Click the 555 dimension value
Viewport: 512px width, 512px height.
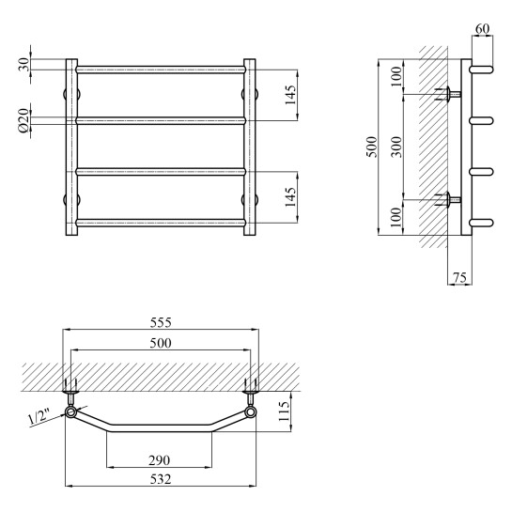(161, 322)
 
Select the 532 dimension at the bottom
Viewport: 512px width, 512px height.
(161, 479)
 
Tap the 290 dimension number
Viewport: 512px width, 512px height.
(160, 460)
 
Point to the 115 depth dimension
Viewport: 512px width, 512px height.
(284, 411)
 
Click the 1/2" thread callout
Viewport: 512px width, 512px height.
(39, 419)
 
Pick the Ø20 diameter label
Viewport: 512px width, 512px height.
(24, 121)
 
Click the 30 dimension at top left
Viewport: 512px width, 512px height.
(24, 65)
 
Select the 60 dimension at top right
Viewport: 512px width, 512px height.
(482, 29)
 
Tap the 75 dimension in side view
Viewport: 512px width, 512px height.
(459, 277)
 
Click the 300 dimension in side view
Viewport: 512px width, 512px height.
(397, 147)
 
